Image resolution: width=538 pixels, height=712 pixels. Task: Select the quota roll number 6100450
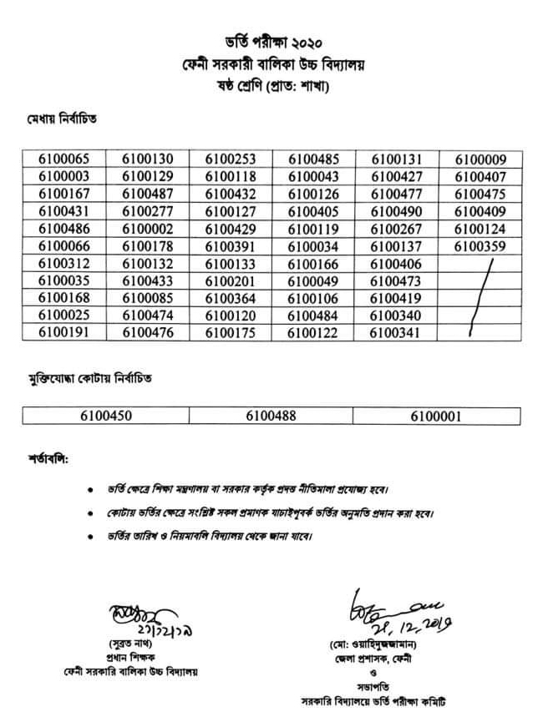105,415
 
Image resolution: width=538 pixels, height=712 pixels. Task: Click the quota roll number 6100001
435,415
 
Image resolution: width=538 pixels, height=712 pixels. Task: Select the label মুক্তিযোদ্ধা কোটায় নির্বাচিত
91,378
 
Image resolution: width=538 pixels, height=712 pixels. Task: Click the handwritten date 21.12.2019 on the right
391,624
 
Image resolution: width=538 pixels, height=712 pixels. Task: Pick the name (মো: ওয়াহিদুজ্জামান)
377,645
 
